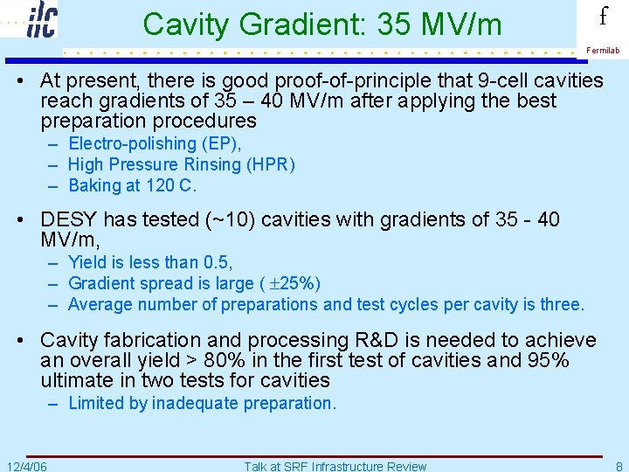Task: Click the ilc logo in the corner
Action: coord(40,19)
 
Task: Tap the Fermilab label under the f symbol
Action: coord(603,51)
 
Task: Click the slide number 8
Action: coord(619,466)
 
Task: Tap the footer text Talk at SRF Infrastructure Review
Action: coord(335,466)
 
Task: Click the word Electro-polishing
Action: coord(131,143)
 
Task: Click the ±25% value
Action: coord(295,283)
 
